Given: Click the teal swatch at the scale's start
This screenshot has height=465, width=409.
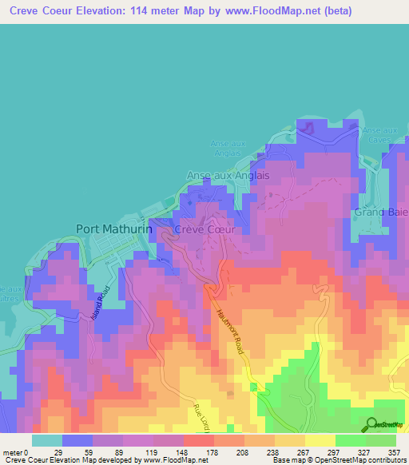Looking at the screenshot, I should point(47,440).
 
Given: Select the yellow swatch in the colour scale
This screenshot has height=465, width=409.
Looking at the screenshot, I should point(320,440).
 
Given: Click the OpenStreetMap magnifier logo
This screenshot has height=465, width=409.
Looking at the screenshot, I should point(371,424).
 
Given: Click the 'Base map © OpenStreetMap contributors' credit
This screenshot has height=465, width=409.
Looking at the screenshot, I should point(337,460).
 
